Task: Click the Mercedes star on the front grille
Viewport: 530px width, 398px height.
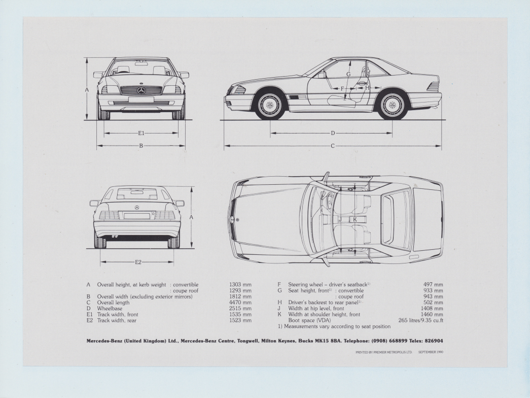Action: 141,90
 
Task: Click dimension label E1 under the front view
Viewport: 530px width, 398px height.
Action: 141,134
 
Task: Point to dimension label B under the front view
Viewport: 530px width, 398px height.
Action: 141,146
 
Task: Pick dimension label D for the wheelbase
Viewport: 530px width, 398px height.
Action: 333,134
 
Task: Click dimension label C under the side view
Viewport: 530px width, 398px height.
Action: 333,146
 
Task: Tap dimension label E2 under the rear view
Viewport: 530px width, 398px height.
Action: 138,262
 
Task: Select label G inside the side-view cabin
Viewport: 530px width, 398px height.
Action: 348,74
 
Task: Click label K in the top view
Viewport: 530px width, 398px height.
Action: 355,219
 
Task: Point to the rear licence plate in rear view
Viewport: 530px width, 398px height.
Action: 137,216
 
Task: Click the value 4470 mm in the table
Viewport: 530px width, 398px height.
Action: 240,303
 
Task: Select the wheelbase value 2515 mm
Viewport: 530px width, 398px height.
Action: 240,309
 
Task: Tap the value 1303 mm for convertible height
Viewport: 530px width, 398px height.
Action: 240,285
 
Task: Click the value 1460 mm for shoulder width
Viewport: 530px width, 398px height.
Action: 433,315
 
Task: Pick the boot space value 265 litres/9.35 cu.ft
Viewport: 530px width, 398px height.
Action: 420,321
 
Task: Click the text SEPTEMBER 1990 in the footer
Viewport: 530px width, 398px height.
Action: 432,352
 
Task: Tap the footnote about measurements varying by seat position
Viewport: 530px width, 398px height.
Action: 334,326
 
